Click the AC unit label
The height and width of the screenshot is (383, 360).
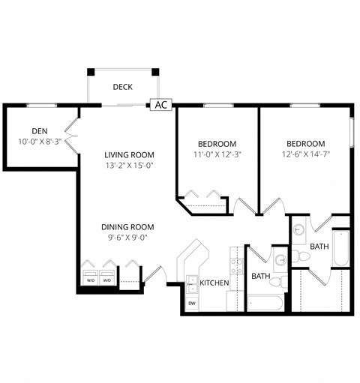click(160, 105)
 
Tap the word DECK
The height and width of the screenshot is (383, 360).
click(123, 87)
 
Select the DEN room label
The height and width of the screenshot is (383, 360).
click(40, 130)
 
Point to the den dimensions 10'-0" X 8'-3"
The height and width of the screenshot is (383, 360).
click(40, 142)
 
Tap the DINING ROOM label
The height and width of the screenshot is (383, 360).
click(128, 227)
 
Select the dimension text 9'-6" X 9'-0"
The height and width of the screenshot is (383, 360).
click(128, 238)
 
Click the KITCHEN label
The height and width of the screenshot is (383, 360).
click(214, 283)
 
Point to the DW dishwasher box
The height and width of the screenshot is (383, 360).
click(192, 303)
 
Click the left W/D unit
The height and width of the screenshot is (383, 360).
click(90, 279)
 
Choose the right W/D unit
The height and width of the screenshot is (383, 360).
click(107, 279)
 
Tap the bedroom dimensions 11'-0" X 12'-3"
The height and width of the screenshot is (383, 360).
click(217, 155)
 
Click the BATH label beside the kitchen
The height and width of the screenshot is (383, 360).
click(260, 276)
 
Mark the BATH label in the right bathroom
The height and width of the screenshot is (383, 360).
click(319, 246)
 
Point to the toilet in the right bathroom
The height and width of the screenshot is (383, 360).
click(304, 256)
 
